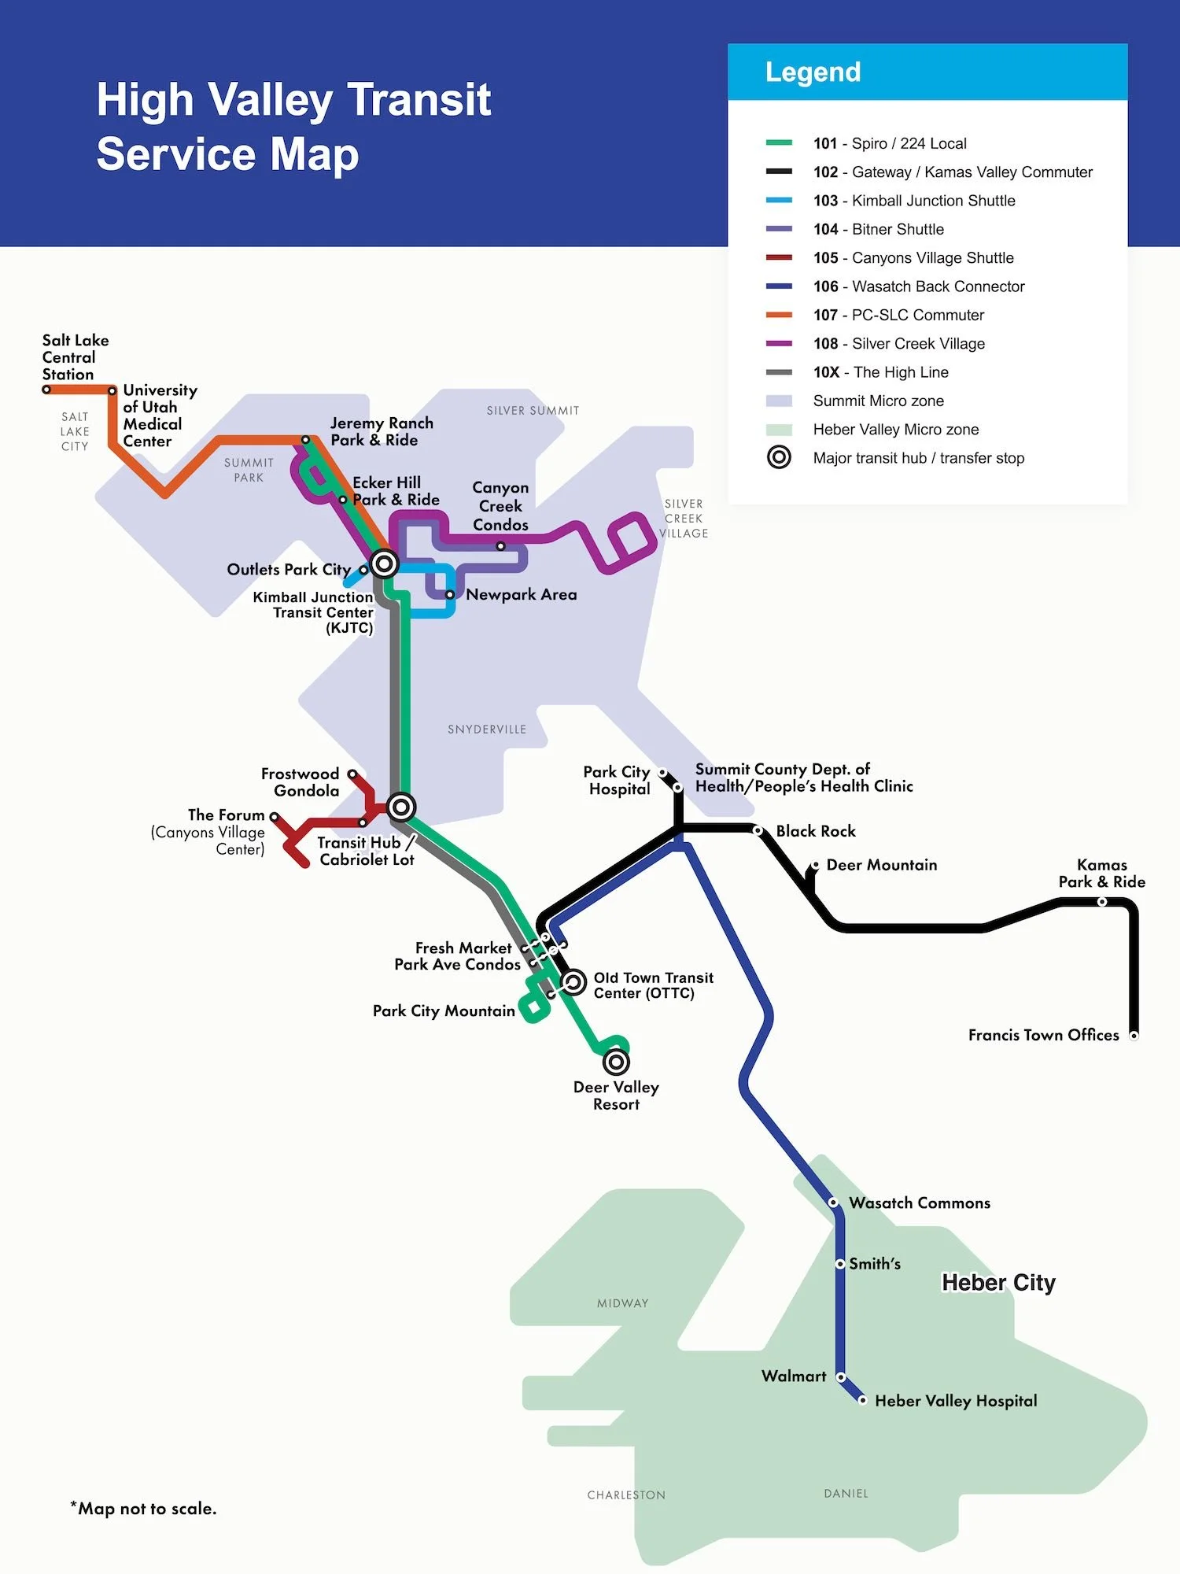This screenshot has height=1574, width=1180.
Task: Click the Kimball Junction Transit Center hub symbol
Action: [384, 563]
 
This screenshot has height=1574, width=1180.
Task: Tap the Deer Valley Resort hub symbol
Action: [616, 1062]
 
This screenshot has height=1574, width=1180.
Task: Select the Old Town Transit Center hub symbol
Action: [573, 981]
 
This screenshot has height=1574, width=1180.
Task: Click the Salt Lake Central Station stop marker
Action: [46, 390]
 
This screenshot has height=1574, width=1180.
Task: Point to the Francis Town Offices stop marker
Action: [1134, 1036]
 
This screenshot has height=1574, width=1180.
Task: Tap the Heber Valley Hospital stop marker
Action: [862, 1400]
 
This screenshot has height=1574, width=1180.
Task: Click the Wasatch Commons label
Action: [919, 1203]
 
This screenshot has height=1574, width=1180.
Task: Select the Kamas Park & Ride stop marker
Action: [1102, 902]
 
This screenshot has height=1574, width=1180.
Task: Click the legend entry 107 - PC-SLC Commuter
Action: [898, 315]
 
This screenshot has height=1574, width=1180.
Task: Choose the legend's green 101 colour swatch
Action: [779, 143]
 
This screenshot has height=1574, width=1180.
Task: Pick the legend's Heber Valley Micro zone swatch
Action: [779, 430]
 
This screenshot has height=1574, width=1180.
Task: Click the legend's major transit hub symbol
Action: [779, 457]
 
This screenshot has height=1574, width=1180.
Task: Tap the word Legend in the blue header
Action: [813, 72]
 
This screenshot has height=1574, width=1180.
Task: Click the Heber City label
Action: [997, 1282]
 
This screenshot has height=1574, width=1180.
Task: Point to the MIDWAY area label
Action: [622, 1303]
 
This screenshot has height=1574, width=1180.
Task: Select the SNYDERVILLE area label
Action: [487, 730]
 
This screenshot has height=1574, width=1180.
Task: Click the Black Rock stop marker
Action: [758, 830]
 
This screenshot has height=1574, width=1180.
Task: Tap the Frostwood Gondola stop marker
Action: [352, 774]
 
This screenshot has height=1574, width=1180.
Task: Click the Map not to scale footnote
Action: [143, 1508]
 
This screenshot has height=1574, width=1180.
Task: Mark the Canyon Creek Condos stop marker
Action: [500, 545]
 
